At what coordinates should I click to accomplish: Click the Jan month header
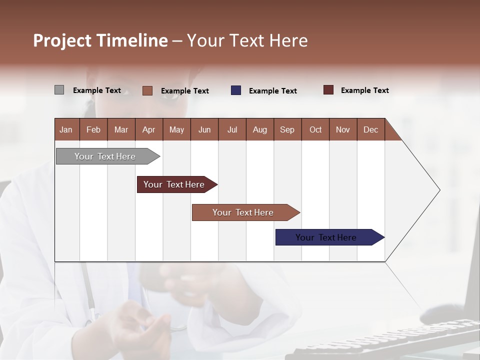(66, 129)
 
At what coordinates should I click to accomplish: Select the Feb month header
(93, 129)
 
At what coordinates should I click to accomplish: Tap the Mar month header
(121, 129)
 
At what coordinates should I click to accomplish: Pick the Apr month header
(149, 129)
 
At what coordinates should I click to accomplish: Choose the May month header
(176, 129)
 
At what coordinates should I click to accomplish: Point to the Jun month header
(204, 129)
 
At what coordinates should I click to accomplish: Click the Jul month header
(232, 129)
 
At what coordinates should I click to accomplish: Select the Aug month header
(260, 129)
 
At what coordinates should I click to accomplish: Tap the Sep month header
(287, 129)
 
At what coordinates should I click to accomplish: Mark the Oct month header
(315, 129)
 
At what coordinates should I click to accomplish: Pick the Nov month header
(343, 129)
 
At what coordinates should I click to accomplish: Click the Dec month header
(371, 129)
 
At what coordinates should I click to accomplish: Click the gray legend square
(59, 90)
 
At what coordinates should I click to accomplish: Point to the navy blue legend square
(236, 90)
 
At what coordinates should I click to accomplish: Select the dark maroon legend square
(328, 90)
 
